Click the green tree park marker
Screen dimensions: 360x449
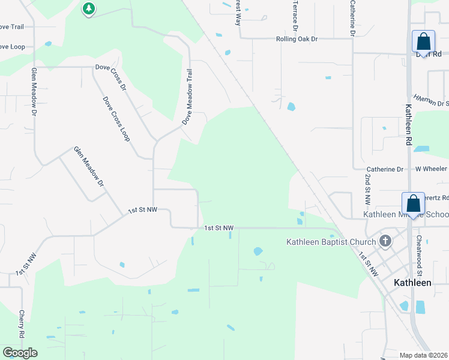coord(89,8)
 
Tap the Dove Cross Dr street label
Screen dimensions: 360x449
coord(111,77)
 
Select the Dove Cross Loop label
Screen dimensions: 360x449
coord(116,119)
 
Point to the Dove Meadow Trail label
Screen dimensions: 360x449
coord(188,96)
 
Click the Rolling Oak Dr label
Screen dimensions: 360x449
coord(296,39)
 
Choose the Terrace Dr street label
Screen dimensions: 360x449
coord(295,16)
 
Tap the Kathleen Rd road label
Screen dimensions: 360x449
coord(408,125)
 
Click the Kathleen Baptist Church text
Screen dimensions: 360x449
coord(330,242)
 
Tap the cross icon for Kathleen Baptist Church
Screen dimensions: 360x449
coord(385,242)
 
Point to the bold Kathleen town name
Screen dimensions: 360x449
coord(412,282)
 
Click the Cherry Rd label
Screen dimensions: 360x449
coord(21,323)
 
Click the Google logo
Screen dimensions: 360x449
coord(20,352)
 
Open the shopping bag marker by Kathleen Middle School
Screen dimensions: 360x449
coord(413,203)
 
